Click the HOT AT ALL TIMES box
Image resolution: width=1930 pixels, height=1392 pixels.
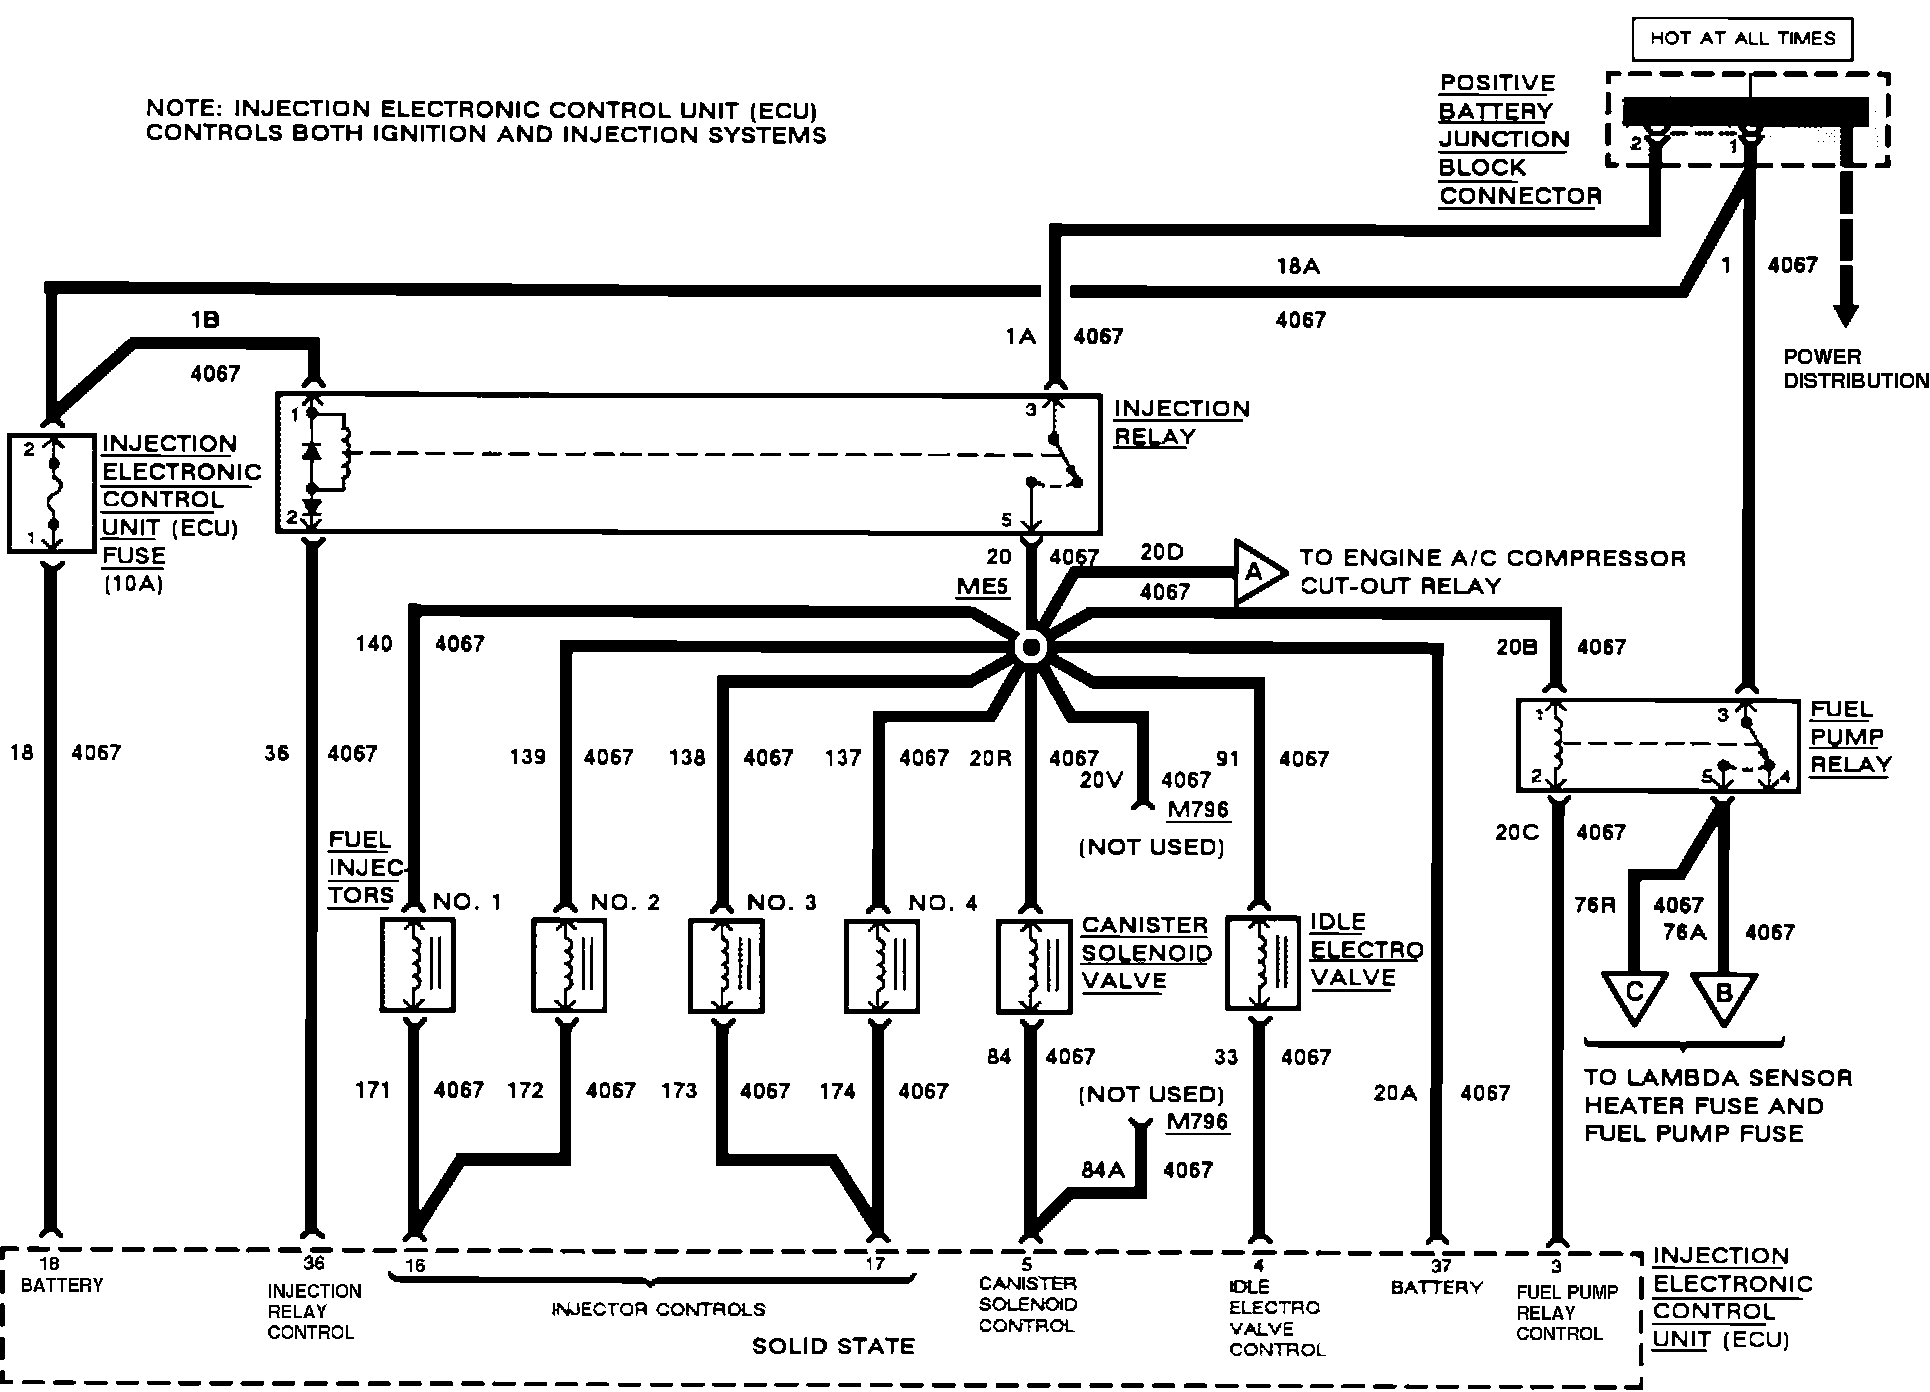[1742, 39]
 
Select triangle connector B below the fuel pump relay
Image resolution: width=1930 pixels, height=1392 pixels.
[1723, 995]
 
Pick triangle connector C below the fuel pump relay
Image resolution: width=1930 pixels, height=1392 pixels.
[1634, 995]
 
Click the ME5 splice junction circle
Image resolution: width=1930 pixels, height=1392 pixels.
[1030, 648]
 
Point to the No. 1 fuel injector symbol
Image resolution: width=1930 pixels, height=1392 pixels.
[418, 965]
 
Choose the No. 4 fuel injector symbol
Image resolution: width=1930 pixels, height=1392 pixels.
[881, 965]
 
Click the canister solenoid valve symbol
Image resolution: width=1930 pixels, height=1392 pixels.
[1034, 965]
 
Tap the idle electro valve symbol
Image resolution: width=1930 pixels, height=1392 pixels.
[1263, 963]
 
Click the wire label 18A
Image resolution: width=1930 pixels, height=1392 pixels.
[1298, 266]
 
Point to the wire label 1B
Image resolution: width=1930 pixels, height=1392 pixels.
[204, 320]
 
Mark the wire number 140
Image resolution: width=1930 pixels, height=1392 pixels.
[373, 644]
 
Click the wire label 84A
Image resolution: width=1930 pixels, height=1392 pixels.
[1103, 1169]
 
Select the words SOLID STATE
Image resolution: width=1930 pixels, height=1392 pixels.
[833, 1346]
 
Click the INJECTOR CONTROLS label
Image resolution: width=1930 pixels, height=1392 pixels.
[658, 1309]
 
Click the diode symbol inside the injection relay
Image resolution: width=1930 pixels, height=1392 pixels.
[312, 451]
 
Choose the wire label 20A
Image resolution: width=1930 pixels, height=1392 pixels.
[1394, 1093]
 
